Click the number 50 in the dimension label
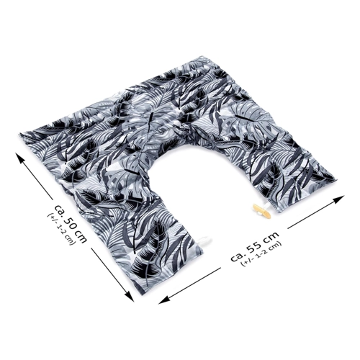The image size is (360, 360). [73, 220]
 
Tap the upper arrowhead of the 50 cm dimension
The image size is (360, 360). [20, 158]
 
